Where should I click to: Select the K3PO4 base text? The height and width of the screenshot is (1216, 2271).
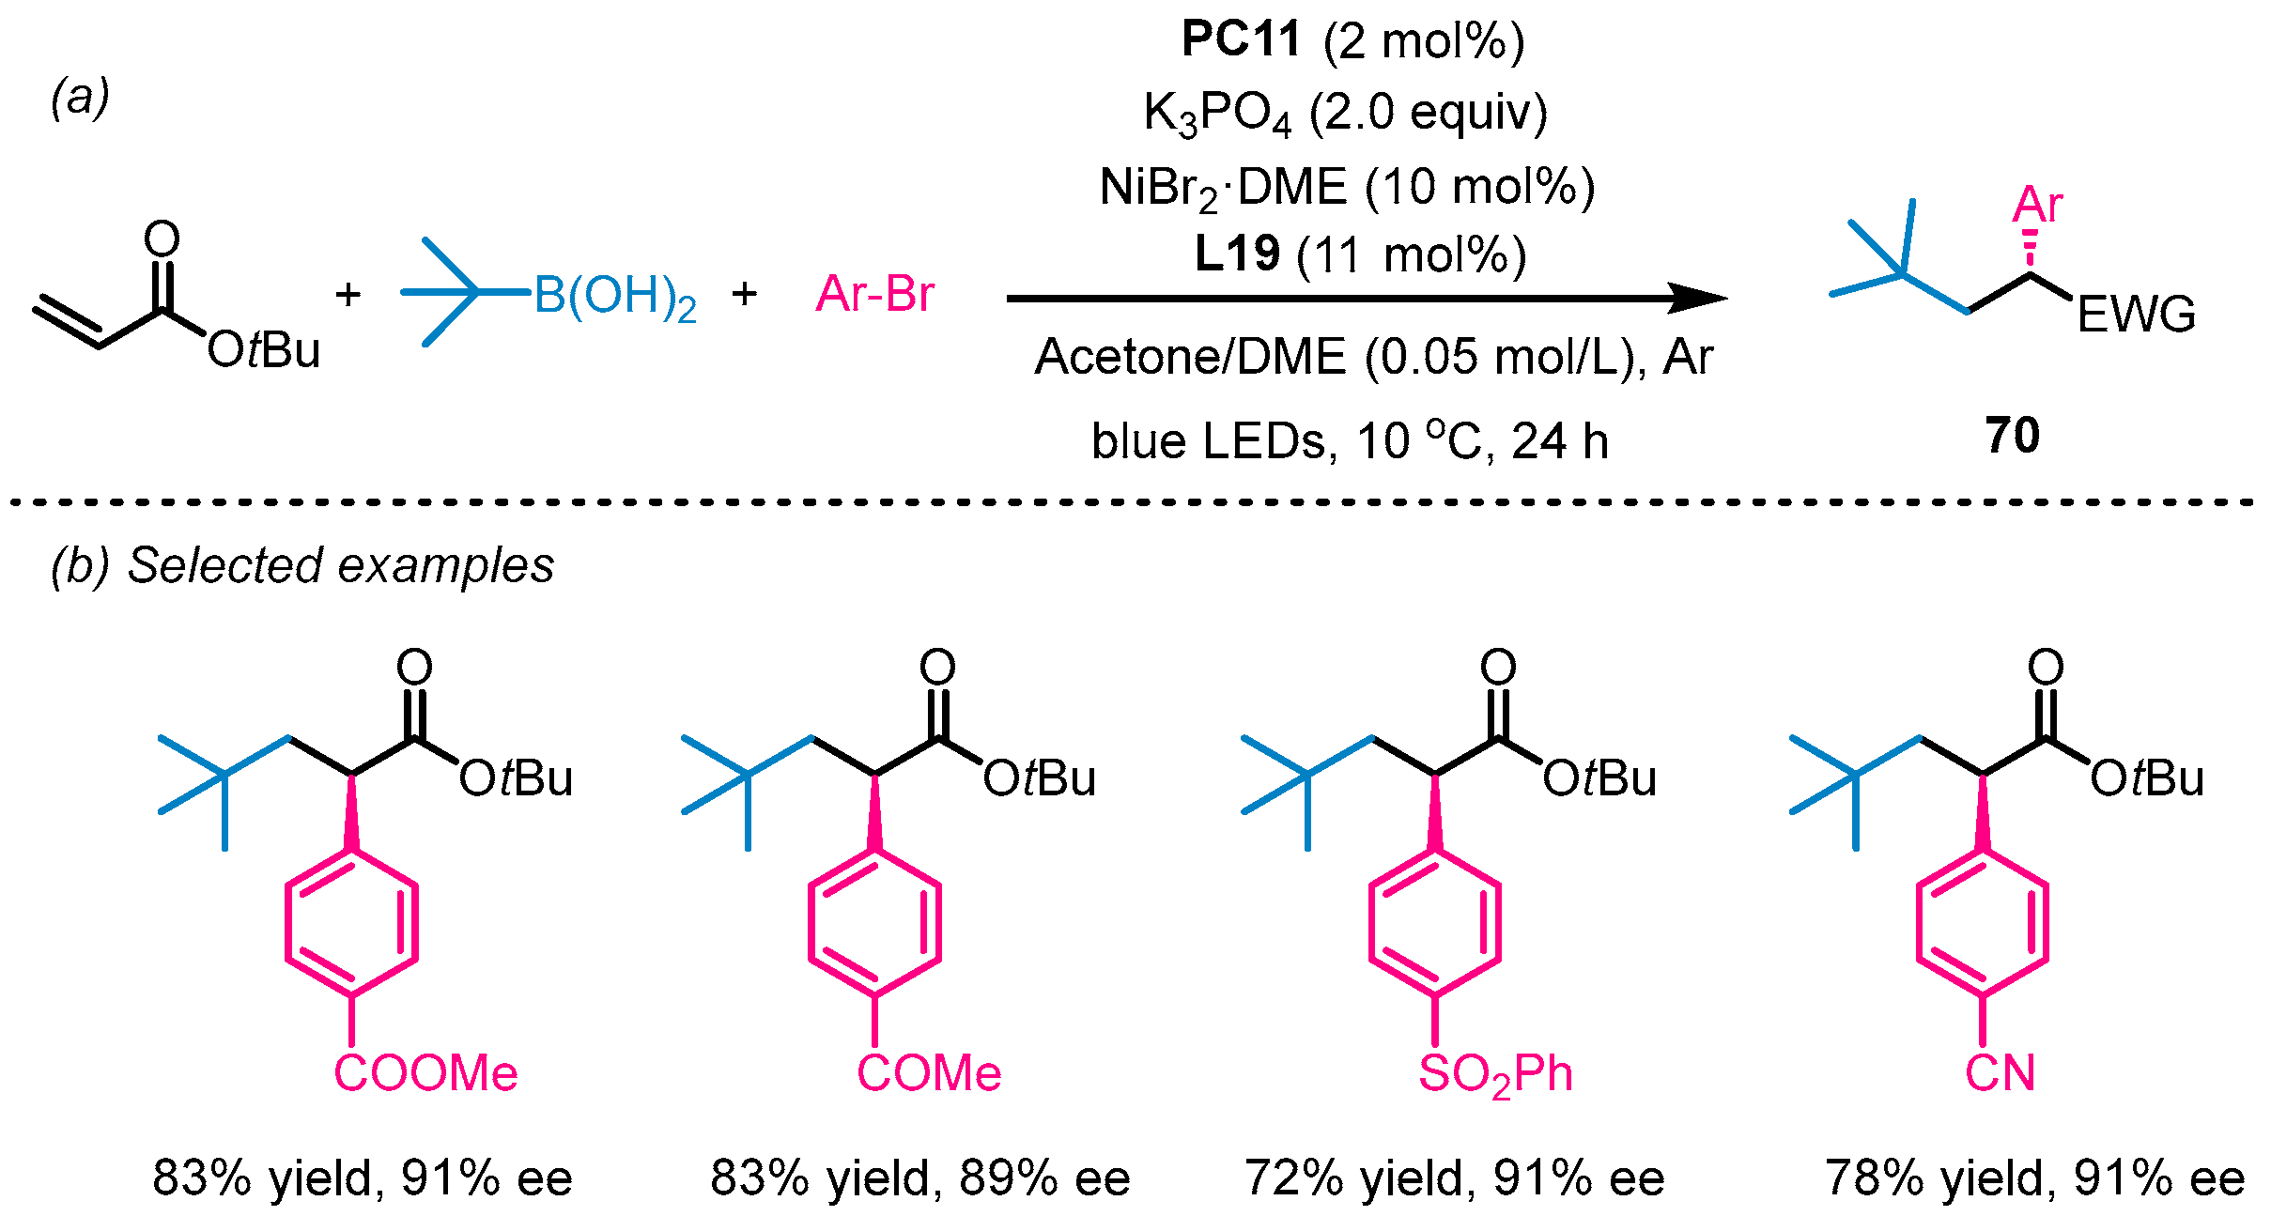[1216, 114]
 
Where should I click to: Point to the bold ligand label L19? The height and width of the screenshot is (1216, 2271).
[1237, 254]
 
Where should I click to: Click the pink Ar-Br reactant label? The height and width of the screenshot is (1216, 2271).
[874, 294]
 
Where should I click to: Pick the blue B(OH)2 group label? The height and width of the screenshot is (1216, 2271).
[615, 297]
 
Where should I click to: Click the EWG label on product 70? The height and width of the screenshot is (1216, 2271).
[2136, 315]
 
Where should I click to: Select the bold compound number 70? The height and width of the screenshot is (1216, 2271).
[2012, 436]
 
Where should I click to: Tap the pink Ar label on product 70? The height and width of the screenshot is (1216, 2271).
[2037, 204]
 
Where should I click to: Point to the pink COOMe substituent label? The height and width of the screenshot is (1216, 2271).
[425, 1073]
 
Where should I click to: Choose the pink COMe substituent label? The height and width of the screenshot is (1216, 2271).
[929, 1073]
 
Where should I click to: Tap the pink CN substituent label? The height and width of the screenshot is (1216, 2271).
[2000, 1073]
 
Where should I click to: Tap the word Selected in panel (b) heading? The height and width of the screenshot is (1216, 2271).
[225, 565]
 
